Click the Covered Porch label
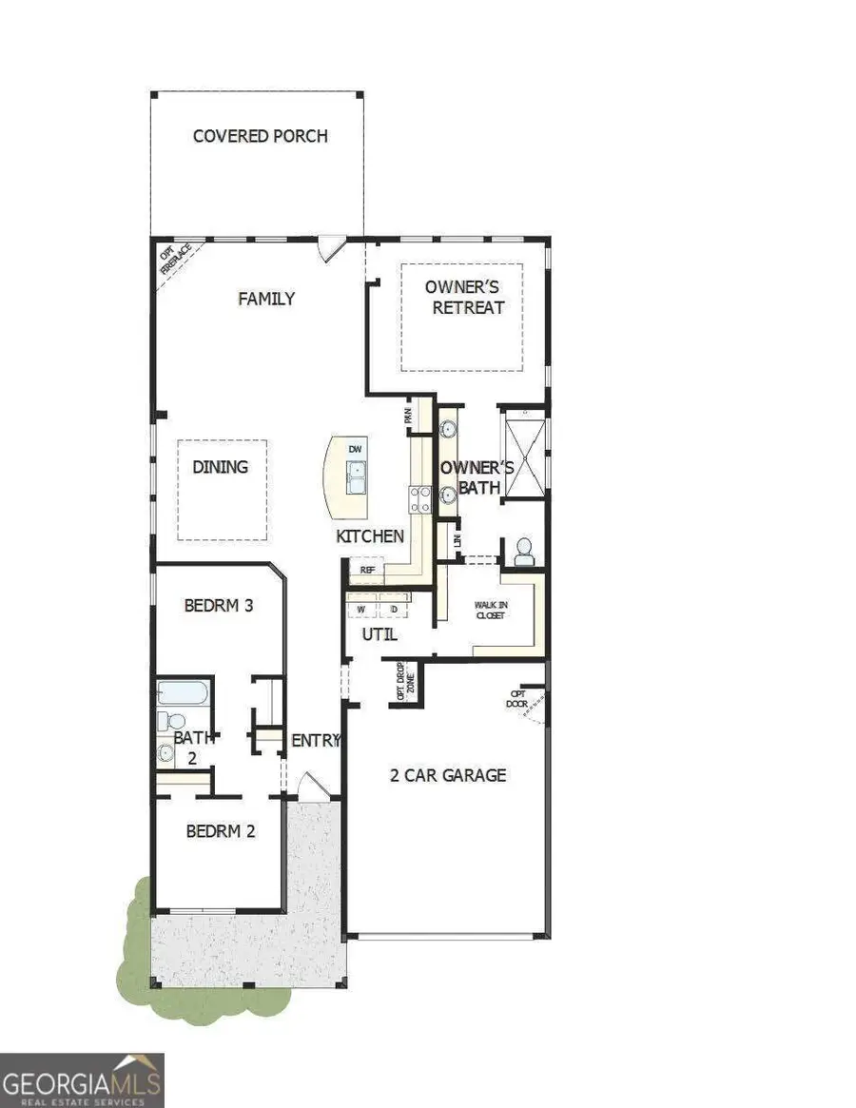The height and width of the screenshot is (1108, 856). [260, 136]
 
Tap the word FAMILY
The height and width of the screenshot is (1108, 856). [265, 299]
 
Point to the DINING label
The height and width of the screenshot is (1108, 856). [220, 467]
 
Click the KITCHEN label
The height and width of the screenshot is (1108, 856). [370, 536]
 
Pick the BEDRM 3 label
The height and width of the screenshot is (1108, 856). [219, 605]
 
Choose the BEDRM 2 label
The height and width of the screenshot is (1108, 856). [221, 830]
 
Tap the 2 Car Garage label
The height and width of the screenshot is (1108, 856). [448, 775]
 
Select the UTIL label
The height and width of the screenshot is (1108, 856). [379, 634]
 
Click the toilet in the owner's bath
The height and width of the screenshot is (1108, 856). [522, 550]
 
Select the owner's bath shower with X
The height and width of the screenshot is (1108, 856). [523, 453]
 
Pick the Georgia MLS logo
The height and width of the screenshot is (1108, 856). [83, 1079]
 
